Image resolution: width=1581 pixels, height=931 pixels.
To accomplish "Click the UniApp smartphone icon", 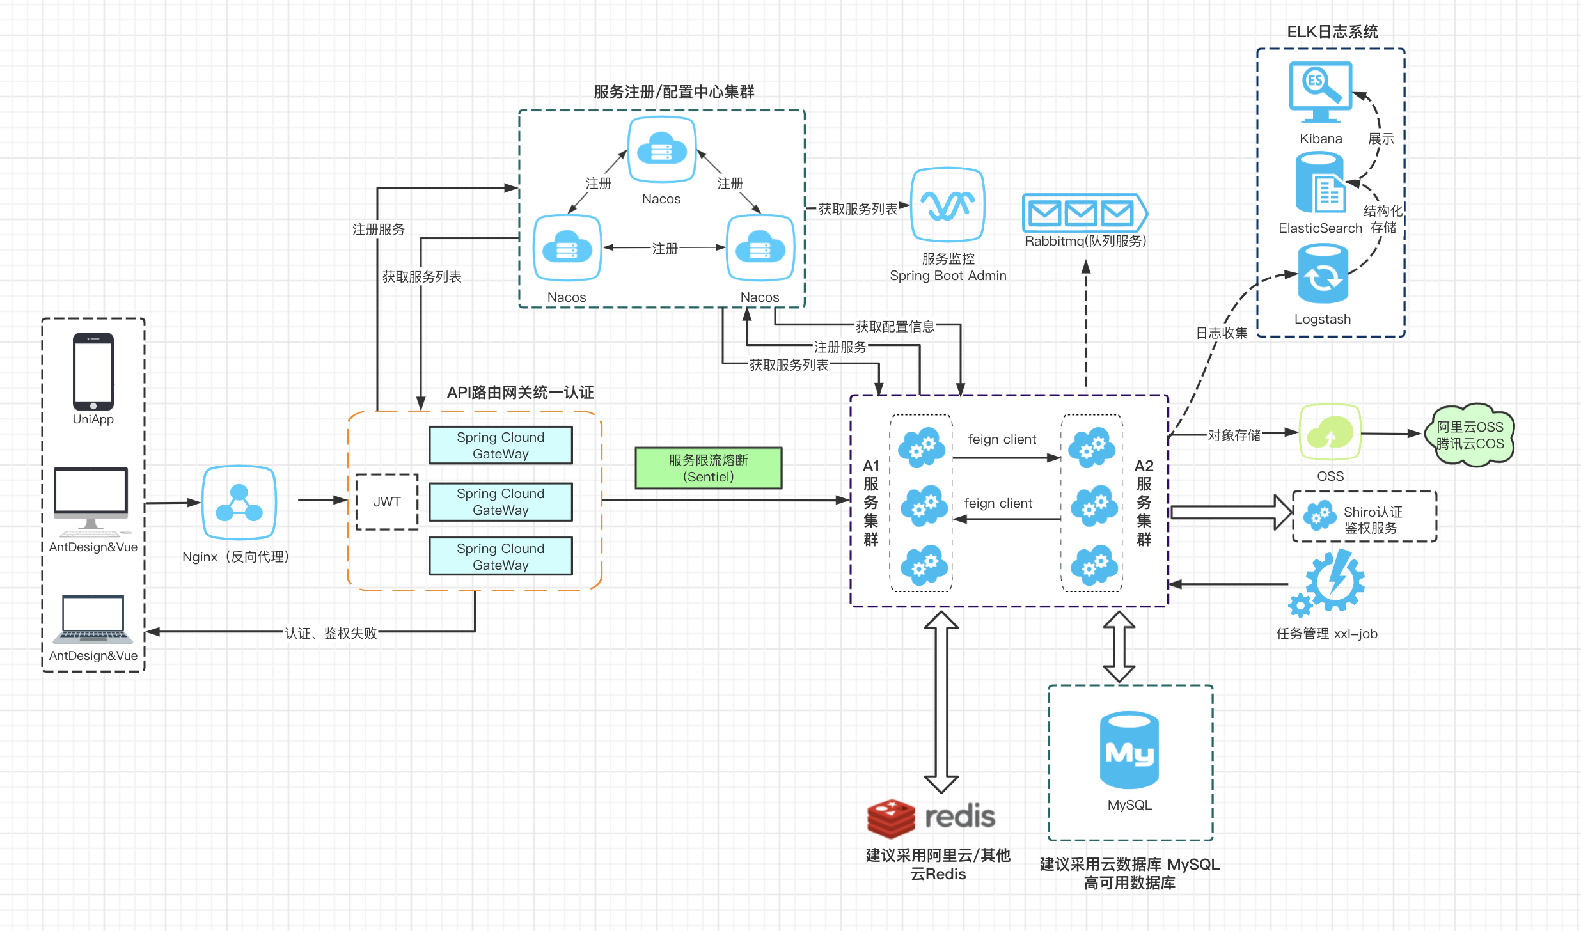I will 93,371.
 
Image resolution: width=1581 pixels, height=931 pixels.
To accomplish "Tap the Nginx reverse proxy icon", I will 239,503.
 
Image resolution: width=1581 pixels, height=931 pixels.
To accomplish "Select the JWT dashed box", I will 387,502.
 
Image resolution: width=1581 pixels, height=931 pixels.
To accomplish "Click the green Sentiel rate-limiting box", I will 708,468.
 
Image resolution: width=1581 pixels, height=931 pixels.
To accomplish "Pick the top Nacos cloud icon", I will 661,150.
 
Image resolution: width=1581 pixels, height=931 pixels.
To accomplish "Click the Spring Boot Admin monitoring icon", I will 947,205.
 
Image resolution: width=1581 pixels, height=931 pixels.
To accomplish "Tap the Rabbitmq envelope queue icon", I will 1083,213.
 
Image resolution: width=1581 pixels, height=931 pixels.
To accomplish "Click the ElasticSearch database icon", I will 1319,183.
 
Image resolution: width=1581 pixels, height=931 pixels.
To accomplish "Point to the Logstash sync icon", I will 1323,274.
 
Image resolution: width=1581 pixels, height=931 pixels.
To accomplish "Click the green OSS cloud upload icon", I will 1330,433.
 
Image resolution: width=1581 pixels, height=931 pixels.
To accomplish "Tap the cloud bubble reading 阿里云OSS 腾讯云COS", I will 1470,435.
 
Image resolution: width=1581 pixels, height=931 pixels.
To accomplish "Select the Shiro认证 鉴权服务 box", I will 1364,517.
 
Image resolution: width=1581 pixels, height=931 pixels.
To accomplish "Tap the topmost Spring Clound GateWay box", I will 500,446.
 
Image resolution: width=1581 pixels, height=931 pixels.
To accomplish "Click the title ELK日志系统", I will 1332,31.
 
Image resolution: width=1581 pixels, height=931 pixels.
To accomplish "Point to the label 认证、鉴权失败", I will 331,633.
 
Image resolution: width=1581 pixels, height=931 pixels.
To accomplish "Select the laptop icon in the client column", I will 93,618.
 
